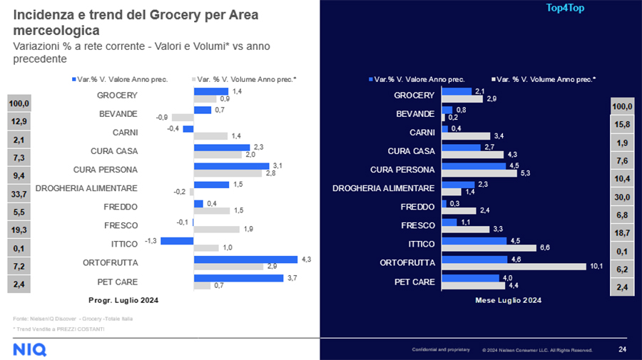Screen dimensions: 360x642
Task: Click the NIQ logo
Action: pos(30,349)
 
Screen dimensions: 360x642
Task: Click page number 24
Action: pos(622,349)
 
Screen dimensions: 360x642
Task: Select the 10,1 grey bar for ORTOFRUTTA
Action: pos(514,267)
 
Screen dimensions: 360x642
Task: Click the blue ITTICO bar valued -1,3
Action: pos(177,241)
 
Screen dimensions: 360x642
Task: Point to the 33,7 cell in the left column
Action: pos(19,192)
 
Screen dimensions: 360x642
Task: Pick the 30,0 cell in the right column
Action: pos(623,197)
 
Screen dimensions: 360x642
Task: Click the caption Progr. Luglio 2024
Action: pos(123,300)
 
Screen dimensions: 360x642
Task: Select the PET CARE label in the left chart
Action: pos(117,282)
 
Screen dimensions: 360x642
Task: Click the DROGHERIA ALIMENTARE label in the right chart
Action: pos(384,188)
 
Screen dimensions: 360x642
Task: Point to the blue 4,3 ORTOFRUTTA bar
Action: pos(245,259)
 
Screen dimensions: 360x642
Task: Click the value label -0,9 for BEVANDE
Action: pos(163,117)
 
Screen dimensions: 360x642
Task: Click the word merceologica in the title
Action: pos(56,31)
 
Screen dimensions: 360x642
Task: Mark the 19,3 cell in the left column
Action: pos(19,230)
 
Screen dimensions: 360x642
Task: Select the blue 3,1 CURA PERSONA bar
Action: pos(232,166)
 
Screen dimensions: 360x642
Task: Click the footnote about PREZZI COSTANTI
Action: pos(58,329)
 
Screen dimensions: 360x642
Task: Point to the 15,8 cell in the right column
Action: pos(623,124)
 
